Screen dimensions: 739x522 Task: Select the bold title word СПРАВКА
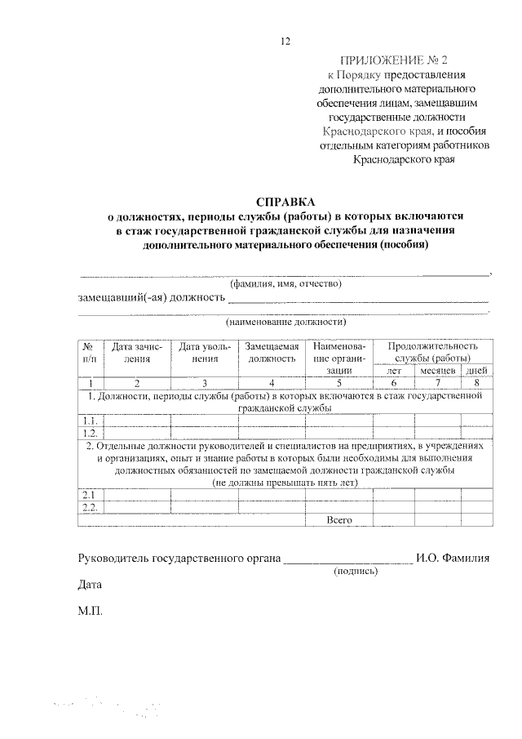click(285, 201)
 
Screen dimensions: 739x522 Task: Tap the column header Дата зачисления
click(137, 352)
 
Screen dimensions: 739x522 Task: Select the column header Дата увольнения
click(205, 352)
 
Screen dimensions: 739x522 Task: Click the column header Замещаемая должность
click(272, 352)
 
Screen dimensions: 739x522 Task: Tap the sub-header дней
click(477, 371)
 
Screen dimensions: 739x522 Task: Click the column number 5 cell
click(337, 382)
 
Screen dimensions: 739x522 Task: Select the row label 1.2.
click(91, 433)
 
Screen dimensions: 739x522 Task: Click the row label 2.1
click(90, 495)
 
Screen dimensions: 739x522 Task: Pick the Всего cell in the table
click(338, 519)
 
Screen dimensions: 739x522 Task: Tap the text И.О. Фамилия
click(453, 559)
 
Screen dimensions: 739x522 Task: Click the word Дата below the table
click(90, 585)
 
